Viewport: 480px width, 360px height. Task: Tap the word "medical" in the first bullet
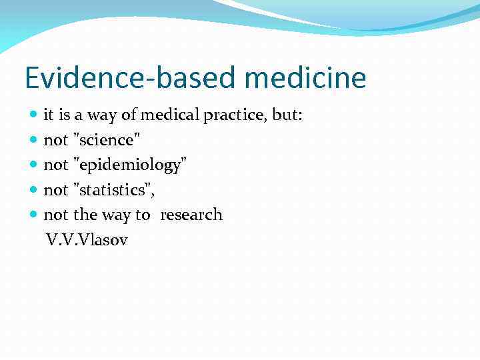coord(169,115)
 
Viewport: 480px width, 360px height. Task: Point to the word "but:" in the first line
coord(288,115)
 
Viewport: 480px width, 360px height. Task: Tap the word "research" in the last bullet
coord(191,215)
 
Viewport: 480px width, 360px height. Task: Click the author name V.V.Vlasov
coord(87,239)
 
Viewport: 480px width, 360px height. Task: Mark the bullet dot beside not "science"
coord(35,141)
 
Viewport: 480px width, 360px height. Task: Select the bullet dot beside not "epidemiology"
coord(35,165)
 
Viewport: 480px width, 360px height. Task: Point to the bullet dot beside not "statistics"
coord(35,190)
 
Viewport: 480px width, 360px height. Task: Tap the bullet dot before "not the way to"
coord(35,215)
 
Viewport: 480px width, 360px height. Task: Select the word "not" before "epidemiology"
coord(56,165)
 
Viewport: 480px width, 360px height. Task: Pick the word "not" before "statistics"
coord(56,190)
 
